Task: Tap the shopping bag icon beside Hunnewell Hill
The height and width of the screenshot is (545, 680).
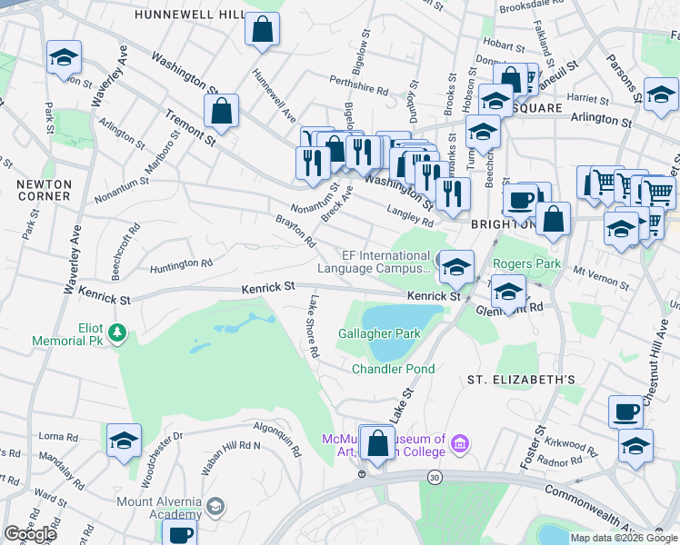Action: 262,29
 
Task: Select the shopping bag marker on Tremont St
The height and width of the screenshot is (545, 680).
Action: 221,113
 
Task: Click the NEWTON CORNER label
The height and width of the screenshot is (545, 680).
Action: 44,189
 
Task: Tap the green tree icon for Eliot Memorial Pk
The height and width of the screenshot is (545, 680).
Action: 116,334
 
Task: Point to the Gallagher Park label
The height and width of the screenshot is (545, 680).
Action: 379,333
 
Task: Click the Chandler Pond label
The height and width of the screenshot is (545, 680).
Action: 393,369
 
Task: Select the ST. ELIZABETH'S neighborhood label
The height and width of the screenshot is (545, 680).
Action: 521,379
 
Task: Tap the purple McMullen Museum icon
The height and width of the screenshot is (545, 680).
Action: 461,444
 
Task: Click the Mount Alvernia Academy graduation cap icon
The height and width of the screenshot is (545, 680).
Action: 216,506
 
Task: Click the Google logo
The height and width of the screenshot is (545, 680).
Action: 30,534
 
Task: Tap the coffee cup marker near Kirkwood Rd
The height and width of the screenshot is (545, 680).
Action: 625,411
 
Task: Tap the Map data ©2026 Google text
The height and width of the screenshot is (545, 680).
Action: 624,538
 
